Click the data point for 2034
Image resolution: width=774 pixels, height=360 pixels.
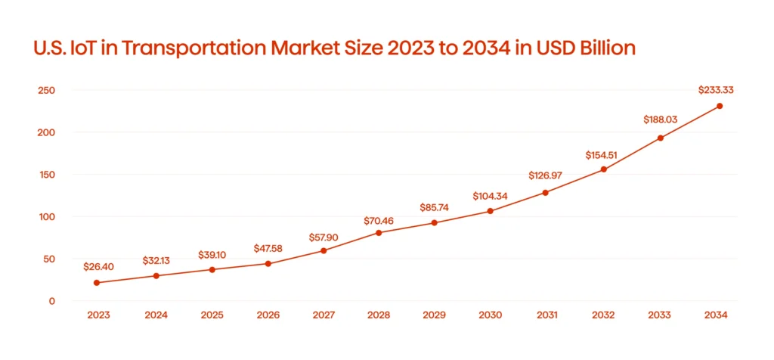[x=719, y=106]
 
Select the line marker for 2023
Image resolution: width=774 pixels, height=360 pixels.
[x=97, y=283]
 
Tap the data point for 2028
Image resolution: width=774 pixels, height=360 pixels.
[x=379, y=232]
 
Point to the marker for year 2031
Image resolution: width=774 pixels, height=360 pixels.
[x=545, y=193]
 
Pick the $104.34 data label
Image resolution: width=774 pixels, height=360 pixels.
[x=490, y=196]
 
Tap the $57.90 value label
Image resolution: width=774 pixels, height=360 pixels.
[x=324, y=237]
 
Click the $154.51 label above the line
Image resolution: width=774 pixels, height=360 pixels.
[x=603, y=155]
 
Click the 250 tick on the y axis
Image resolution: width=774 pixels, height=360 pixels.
[x=47, y=91]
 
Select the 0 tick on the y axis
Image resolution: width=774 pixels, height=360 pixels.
[x=52, y=301]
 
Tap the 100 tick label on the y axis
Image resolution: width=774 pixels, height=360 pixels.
[x=47, y=217]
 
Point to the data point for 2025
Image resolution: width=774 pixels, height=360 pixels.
[x=212, y=269]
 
